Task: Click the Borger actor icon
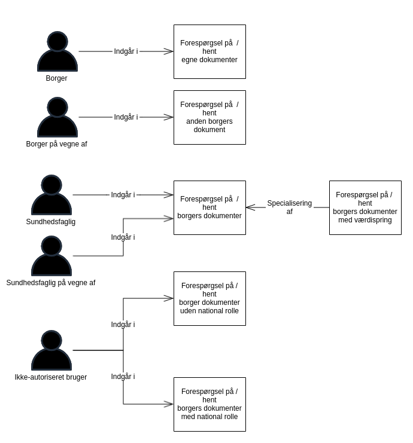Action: point(57,52)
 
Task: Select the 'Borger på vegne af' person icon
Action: point(57,118)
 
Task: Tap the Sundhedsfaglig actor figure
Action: point(51,195)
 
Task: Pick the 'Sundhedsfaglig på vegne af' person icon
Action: point(51,256)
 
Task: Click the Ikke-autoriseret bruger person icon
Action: point(51,351)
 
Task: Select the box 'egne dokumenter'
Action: point(209,51)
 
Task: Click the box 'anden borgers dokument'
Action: point(209,117)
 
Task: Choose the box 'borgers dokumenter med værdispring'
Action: point(365,207)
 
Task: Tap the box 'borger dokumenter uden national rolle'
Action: point(209,298)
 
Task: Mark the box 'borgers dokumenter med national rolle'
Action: point(209,404)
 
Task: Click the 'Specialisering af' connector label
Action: point(290,207)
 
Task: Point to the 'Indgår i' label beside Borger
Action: point(126,51)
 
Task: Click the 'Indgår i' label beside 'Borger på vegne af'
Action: point(126,117)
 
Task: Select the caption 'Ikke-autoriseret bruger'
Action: point(51,377)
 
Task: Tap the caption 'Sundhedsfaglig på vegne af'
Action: point(51,283)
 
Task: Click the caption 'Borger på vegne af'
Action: point(57,144)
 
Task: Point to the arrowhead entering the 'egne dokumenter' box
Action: point(169,51)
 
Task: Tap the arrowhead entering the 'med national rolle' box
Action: point(169,404)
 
